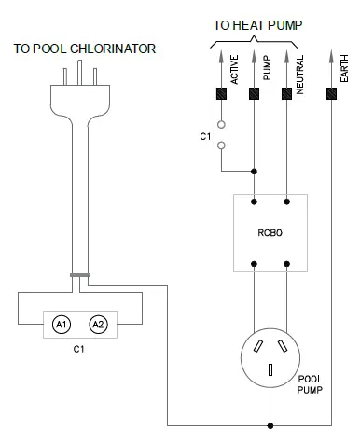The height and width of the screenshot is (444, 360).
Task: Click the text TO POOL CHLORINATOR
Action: click(85, 48)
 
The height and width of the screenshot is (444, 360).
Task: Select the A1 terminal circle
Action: click(62, 325)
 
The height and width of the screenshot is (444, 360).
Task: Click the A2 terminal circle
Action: click(96, 325)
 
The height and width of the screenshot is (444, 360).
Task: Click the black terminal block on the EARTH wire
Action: click(331, 94)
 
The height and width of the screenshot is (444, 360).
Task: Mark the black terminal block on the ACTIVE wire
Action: click(223, 94)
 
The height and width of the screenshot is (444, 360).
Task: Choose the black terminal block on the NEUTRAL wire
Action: click(287, 94)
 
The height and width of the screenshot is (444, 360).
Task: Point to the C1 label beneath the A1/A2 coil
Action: click(79, 351)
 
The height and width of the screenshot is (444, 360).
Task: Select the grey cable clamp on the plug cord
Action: click(80, 274)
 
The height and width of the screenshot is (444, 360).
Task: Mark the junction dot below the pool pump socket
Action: click(270, 422)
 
